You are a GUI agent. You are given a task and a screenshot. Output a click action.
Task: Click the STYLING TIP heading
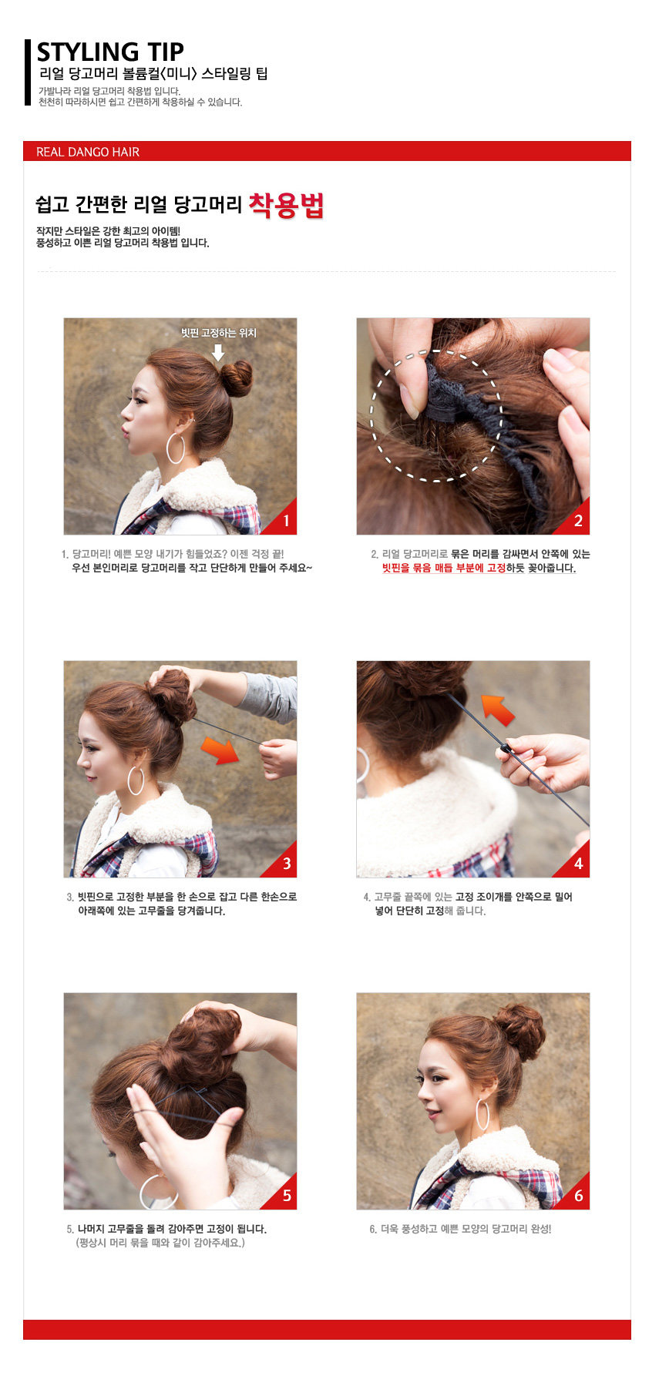pos(110,52)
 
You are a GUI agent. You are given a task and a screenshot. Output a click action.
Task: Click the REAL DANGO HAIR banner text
pos(88,152)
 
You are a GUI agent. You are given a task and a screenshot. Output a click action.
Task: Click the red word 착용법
pos(286,206)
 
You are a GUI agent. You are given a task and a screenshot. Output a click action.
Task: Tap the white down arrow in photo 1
pos(218,352)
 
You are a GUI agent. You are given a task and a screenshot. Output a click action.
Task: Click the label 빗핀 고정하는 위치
pos(218,333)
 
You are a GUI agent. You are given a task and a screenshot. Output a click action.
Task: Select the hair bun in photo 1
pos(235,378)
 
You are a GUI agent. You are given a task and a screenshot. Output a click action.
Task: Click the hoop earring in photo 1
pos(176,448)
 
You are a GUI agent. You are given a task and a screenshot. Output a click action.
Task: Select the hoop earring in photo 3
pos(136,780)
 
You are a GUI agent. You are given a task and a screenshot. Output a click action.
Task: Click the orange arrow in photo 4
pos(497,709)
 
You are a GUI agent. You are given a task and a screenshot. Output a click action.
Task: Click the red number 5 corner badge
pos(286,1196)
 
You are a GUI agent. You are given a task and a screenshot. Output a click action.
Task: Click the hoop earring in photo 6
pos(482,1114)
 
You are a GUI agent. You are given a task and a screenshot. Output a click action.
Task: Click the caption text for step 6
pos(460,1229)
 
